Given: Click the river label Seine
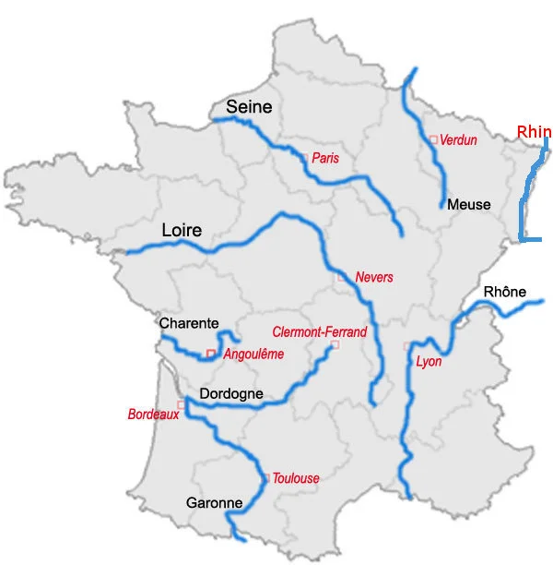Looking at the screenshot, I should pyautogui.click(x=250, y=107).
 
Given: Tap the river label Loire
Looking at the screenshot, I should pyautogui.click(x=182, y=230).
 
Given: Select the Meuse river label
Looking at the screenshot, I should pyautogui.click(x=468, y=204).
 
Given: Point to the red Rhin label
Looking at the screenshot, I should pyautogui.click(x=534, y=132).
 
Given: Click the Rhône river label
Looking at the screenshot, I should pyautogui.click(x=504, y=293).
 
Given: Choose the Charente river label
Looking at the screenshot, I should pyautogui.click(x=189, y=323).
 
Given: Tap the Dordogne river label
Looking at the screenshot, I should pyautogui.click(x=231, y=394).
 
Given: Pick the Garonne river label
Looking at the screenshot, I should pyautogui.click(x=214, y=503).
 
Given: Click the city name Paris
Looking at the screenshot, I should pyautogui.click(x=325, y=159).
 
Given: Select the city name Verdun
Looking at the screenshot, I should pyautogui.click(x=458, y=140).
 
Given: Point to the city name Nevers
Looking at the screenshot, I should pyautogui.click(x=373, y=277).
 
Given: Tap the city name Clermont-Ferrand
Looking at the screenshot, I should pyautogui.click(x=319, y=332).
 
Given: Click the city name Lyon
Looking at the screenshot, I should pyautogui.click(x=429, y=361).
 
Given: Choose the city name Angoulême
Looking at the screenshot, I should pyautogui.click(x=253, y=354).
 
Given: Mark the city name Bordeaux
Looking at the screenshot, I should pyautogui.click(x=153, y=415).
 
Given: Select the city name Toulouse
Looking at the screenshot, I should pyautogui.click(x=296, y=478).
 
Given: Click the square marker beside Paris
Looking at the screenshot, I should pyautogui.click(x=303, y=158).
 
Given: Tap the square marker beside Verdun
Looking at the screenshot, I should pyautogui.click(x=433, y=140).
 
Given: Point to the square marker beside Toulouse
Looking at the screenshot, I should pyautogui.click(x=266, y=477).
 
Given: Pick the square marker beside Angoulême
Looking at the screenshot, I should pyautogui.click(x=211, y=354).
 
